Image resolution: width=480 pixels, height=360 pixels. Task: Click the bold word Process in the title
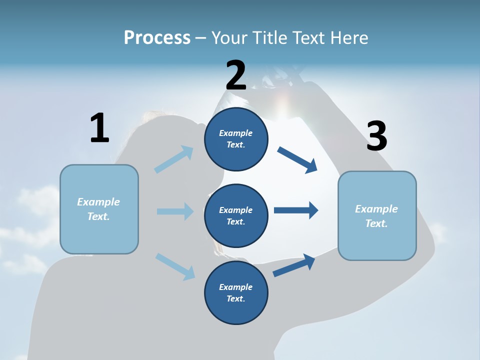(x=157, y=38)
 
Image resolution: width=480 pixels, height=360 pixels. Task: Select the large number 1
(x=99, y=128)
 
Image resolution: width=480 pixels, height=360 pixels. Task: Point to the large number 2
(x=236, y=76)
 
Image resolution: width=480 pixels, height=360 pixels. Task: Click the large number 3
(x=376, y=137)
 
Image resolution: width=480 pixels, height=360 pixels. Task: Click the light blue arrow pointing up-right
(x=174, y=159)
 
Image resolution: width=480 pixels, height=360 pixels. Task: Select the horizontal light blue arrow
(x=175, y=211)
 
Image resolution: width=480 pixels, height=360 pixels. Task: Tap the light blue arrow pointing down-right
(x=175, y=266)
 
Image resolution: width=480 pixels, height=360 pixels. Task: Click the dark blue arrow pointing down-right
(x=297, y=159)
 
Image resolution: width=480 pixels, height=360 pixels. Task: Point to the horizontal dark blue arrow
(x=296, y=210)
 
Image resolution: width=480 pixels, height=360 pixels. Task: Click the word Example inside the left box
(x=98, y=202)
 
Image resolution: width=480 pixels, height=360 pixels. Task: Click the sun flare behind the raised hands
(x=283, y=102)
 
